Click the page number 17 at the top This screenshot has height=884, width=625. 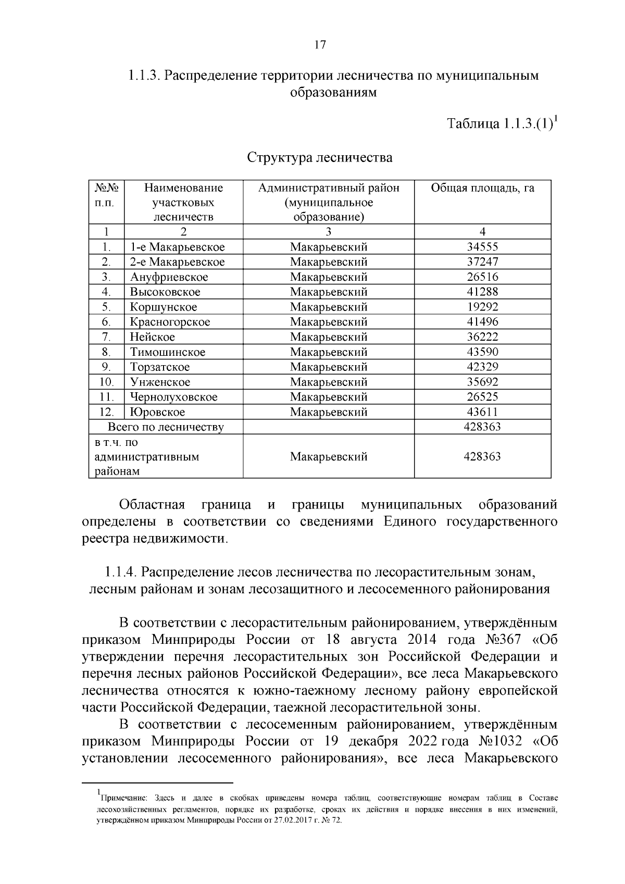320,45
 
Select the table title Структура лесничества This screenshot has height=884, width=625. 319,157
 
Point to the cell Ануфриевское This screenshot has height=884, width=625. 169,277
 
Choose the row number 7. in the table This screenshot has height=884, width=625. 106,337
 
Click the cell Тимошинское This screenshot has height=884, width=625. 168,352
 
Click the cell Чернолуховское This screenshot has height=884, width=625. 173,397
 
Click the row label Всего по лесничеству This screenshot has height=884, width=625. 166,427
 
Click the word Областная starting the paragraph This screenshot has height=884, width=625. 152,505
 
